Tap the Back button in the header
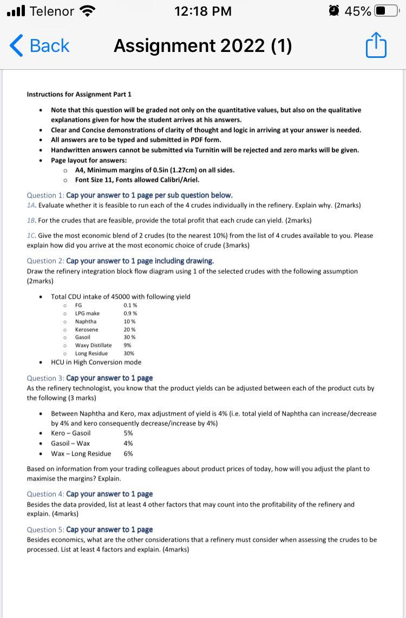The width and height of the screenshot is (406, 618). click(x=40, y=46)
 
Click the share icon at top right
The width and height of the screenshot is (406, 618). click(x=376, y=46)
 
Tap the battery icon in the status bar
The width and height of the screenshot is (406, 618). click(x=386, y=11)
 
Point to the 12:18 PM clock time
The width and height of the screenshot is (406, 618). click(x=203, y=11)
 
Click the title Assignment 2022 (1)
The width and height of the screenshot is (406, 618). click(x=202, y=46)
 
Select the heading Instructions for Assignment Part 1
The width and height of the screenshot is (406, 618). click(x=79, y=94)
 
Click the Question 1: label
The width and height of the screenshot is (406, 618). click(x=45, y=195)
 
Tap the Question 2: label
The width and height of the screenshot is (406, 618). click(x=45, y=261)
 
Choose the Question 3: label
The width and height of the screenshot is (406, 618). click(x=45, y=378)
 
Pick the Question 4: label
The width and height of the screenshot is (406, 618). click(x=45, y=494)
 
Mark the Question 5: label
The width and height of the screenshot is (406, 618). click(x=45, y=529)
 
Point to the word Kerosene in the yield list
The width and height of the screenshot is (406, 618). click(x=87, y=330)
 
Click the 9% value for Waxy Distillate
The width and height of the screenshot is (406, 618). click(x=128, y=345)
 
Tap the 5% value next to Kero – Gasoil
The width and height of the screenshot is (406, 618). click(x=128, y=433)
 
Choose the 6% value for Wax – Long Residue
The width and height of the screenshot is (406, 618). click(x=128, y=453)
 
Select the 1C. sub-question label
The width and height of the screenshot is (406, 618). click(x=32, y=235)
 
